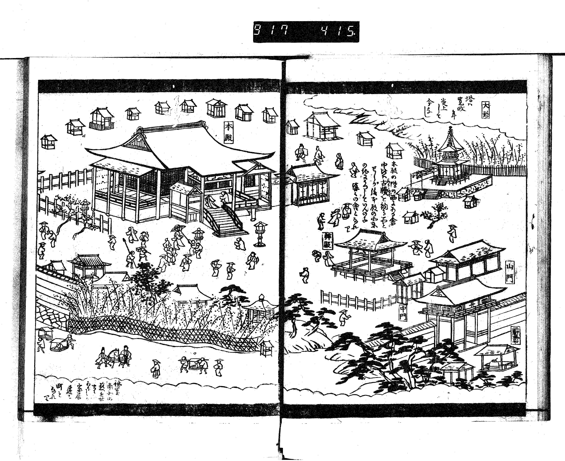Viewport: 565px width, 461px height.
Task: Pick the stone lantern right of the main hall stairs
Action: click(x=261, y=233)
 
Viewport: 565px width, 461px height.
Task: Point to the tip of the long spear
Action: click(x=124, y=240)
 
